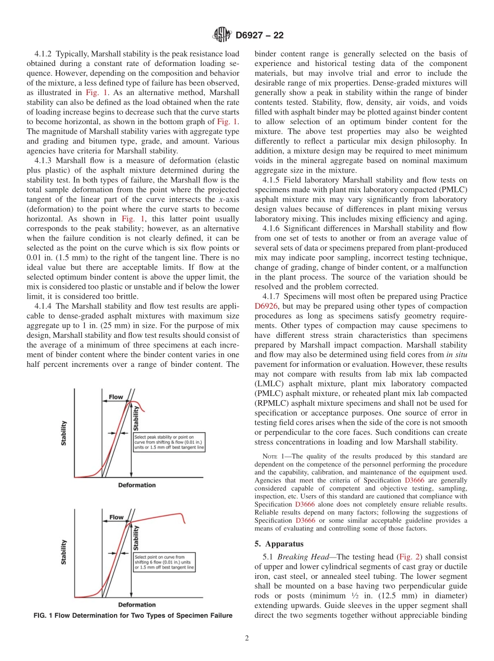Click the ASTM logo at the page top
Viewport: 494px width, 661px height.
tap(222, 35)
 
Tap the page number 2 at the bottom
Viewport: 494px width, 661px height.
tap(247, 639)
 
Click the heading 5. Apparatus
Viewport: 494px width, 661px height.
tap(283, 544)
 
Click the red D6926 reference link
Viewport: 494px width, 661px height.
tap(266, 307)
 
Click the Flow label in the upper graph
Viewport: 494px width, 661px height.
tap(115, 397)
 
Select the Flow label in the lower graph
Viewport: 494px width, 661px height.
tap(115, 517)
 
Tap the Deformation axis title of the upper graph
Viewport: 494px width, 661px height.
tap(137, 485)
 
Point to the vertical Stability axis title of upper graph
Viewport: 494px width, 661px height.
tap(64, 433)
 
